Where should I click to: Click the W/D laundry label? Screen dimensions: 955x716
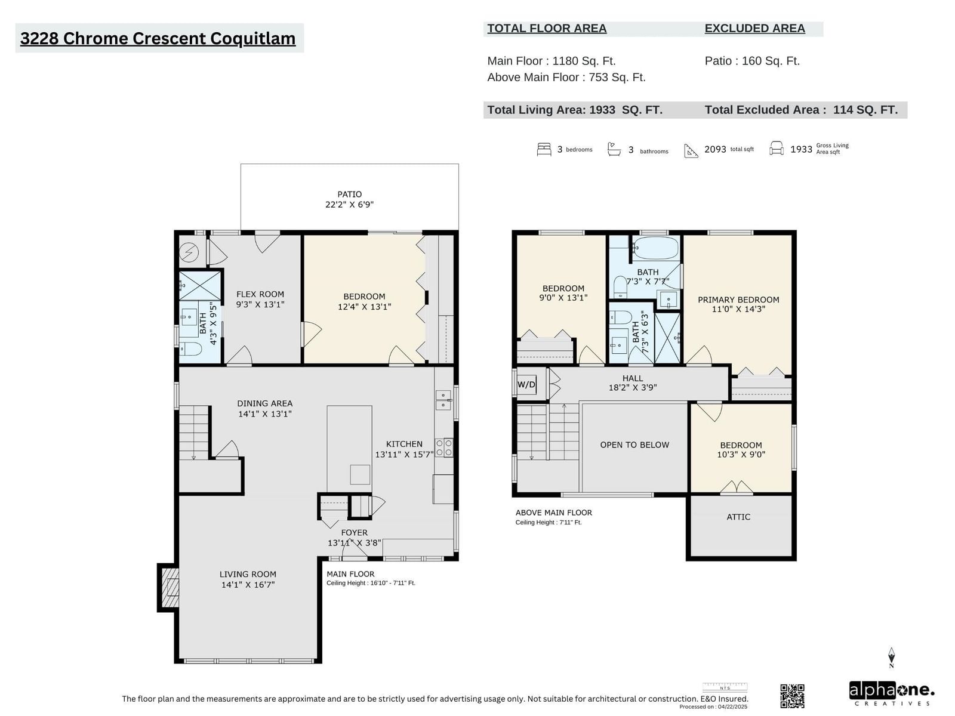click(526, 384)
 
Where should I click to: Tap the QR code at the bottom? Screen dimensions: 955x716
click(792, 696)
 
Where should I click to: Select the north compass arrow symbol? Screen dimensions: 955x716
click(891, 657)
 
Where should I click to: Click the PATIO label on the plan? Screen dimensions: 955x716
click(349, 195)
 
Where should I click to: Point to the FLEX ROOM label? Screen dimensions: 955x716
click(260, 294)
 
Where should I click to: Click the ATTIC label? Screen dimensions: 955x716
click(738, 517)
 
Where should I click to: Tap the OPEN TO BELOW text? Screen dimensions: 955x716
click(634, 445)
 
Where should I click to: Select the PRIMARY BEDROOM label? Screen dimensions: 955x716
click(738, 300)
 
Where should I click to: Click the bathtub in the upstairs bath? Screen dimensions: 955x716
click(655, 248)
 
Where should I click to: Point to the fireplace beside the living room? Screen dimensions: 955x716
click(170, 587)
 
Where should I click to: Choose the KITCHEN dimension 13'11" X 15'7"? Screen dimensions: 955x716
click(404, 454)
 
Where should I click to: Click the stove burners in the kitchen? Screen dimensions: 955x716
click(444, 447)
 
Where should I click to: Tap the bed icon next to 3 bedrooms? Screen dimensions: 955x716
click(544, 149)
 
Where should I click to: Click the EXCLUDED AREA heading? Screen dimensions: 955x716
click(755, 28)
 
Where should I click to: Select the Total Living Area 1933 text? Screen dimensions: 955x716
click(575, 110)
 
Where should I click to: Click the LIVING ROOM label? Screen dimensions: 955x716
click(248, 574)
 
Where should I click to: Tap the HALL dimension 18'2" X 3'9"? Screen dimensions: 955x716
click(633, 387)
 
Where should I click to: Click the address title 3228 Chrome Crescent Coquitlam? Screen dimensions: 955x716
click(158, 38)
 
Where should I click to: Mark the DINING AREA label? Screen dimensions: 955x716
click(264, 403)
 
